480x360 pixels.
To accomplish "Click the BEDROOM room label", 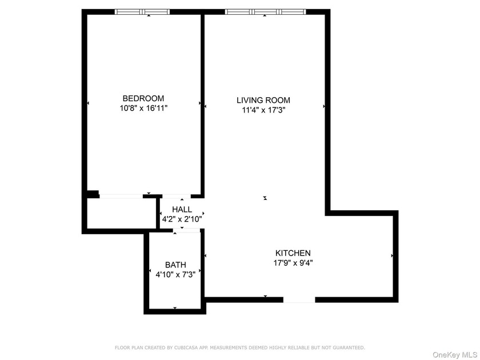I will [143, 98].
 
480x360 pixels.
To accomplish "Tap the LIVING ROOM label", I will [263, 100].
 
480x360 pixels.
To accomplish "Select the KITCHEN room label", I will [293, 253].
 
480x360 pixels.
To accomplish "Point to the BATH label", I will [175, 265].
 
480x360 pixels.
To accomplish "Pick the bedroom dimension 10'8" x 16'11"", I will [143, 107].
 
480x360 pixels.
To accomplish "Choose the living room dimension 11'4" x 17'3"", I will [263, 110].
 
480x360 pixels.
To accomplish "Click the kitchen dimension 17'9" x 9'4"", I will [293, 263].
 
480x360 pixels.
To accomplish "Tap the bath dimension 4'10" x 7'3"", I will [175, 274].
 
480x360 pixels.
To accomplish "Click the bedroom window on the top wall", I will [142, 11].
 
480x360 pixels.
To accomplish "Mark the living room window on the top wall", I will [265, 11].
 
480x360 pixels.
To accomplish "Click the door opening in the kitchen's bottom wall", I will [299, 299].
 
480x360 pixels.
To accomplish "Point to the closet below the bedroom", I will [121, 213].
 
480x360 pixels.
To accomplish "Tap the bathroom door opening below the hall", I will [187, 230].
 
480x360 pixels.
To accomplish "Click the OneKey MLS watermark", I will [454, 354].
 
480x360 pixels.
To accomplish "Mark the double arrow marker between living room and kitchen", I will [265, 198].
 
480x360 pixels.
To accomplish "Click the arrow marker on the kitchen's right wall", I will [392, 255].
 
